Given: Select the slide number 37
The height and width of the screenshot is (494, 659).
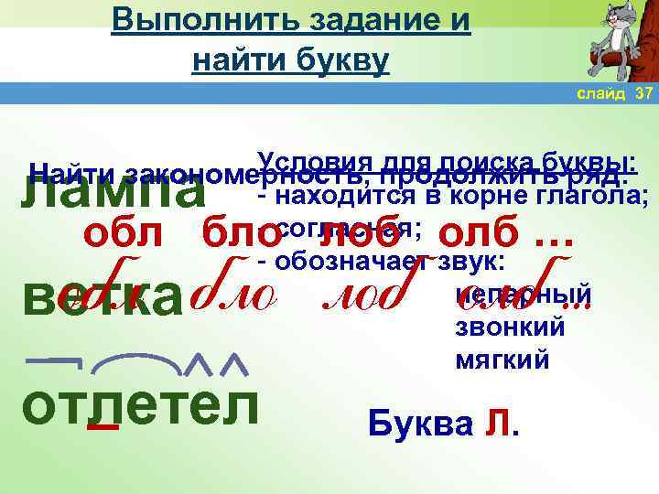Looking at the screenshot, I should click(643, 95).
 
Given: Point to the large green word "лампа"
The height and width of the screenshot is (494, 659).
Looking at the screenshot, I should click(114, 193).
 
